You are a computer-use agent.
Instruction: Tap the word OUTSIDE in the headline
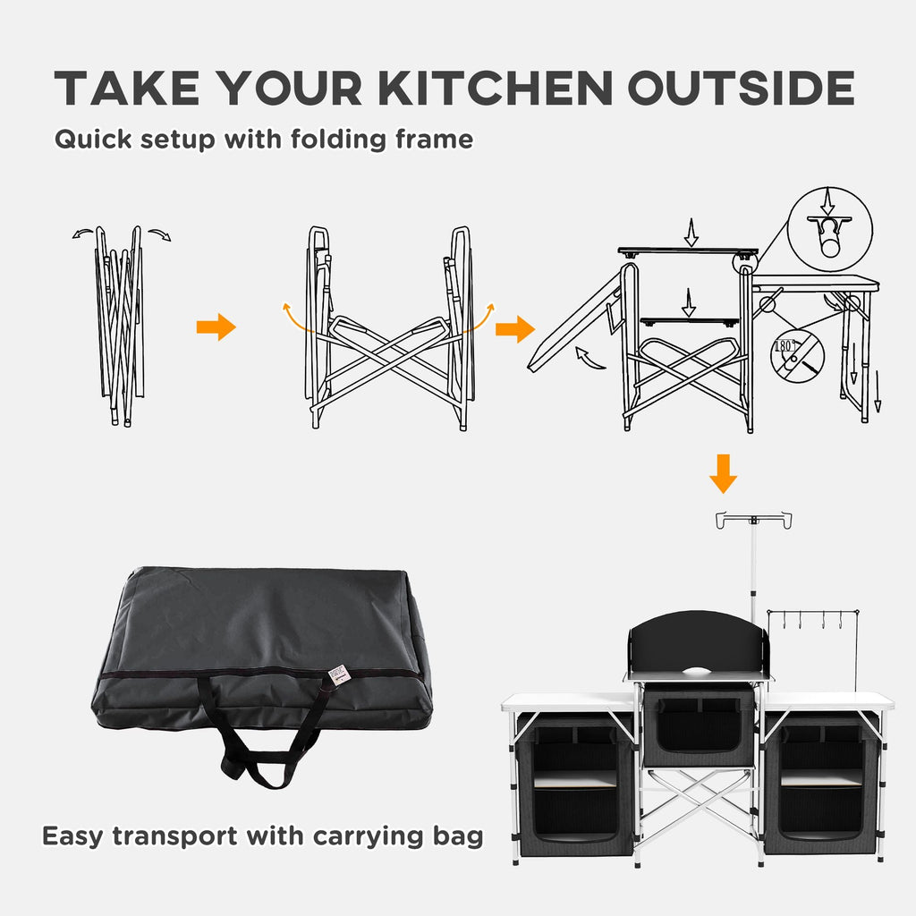click(741, 88)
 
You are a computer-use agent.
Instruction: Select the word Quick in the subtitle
click(88, 140)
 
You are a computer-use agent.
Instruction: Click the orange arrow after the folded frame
click(216, 327)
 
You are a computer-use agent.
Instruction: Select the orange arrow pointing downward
click(723, 473)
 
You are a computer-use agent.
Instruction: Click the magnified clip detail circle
click(829, 223)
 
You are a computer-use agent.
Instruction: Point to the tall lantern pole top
click(753, 519)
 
